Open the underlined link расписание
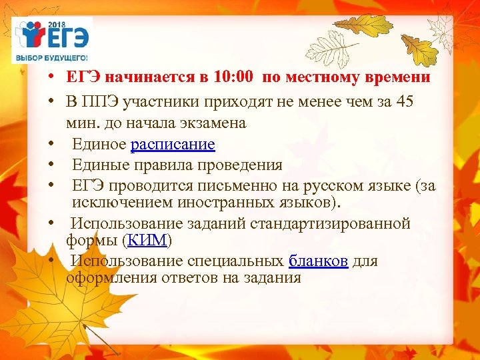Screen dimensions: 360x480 coord(173,144)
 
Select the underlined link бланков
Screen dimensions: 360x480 coord(318,261)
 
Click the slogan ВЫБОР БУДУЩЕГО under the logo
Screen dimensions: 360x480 coord(52,58)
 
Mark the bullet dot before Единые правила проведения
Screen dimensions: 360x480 coord(51,165)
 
